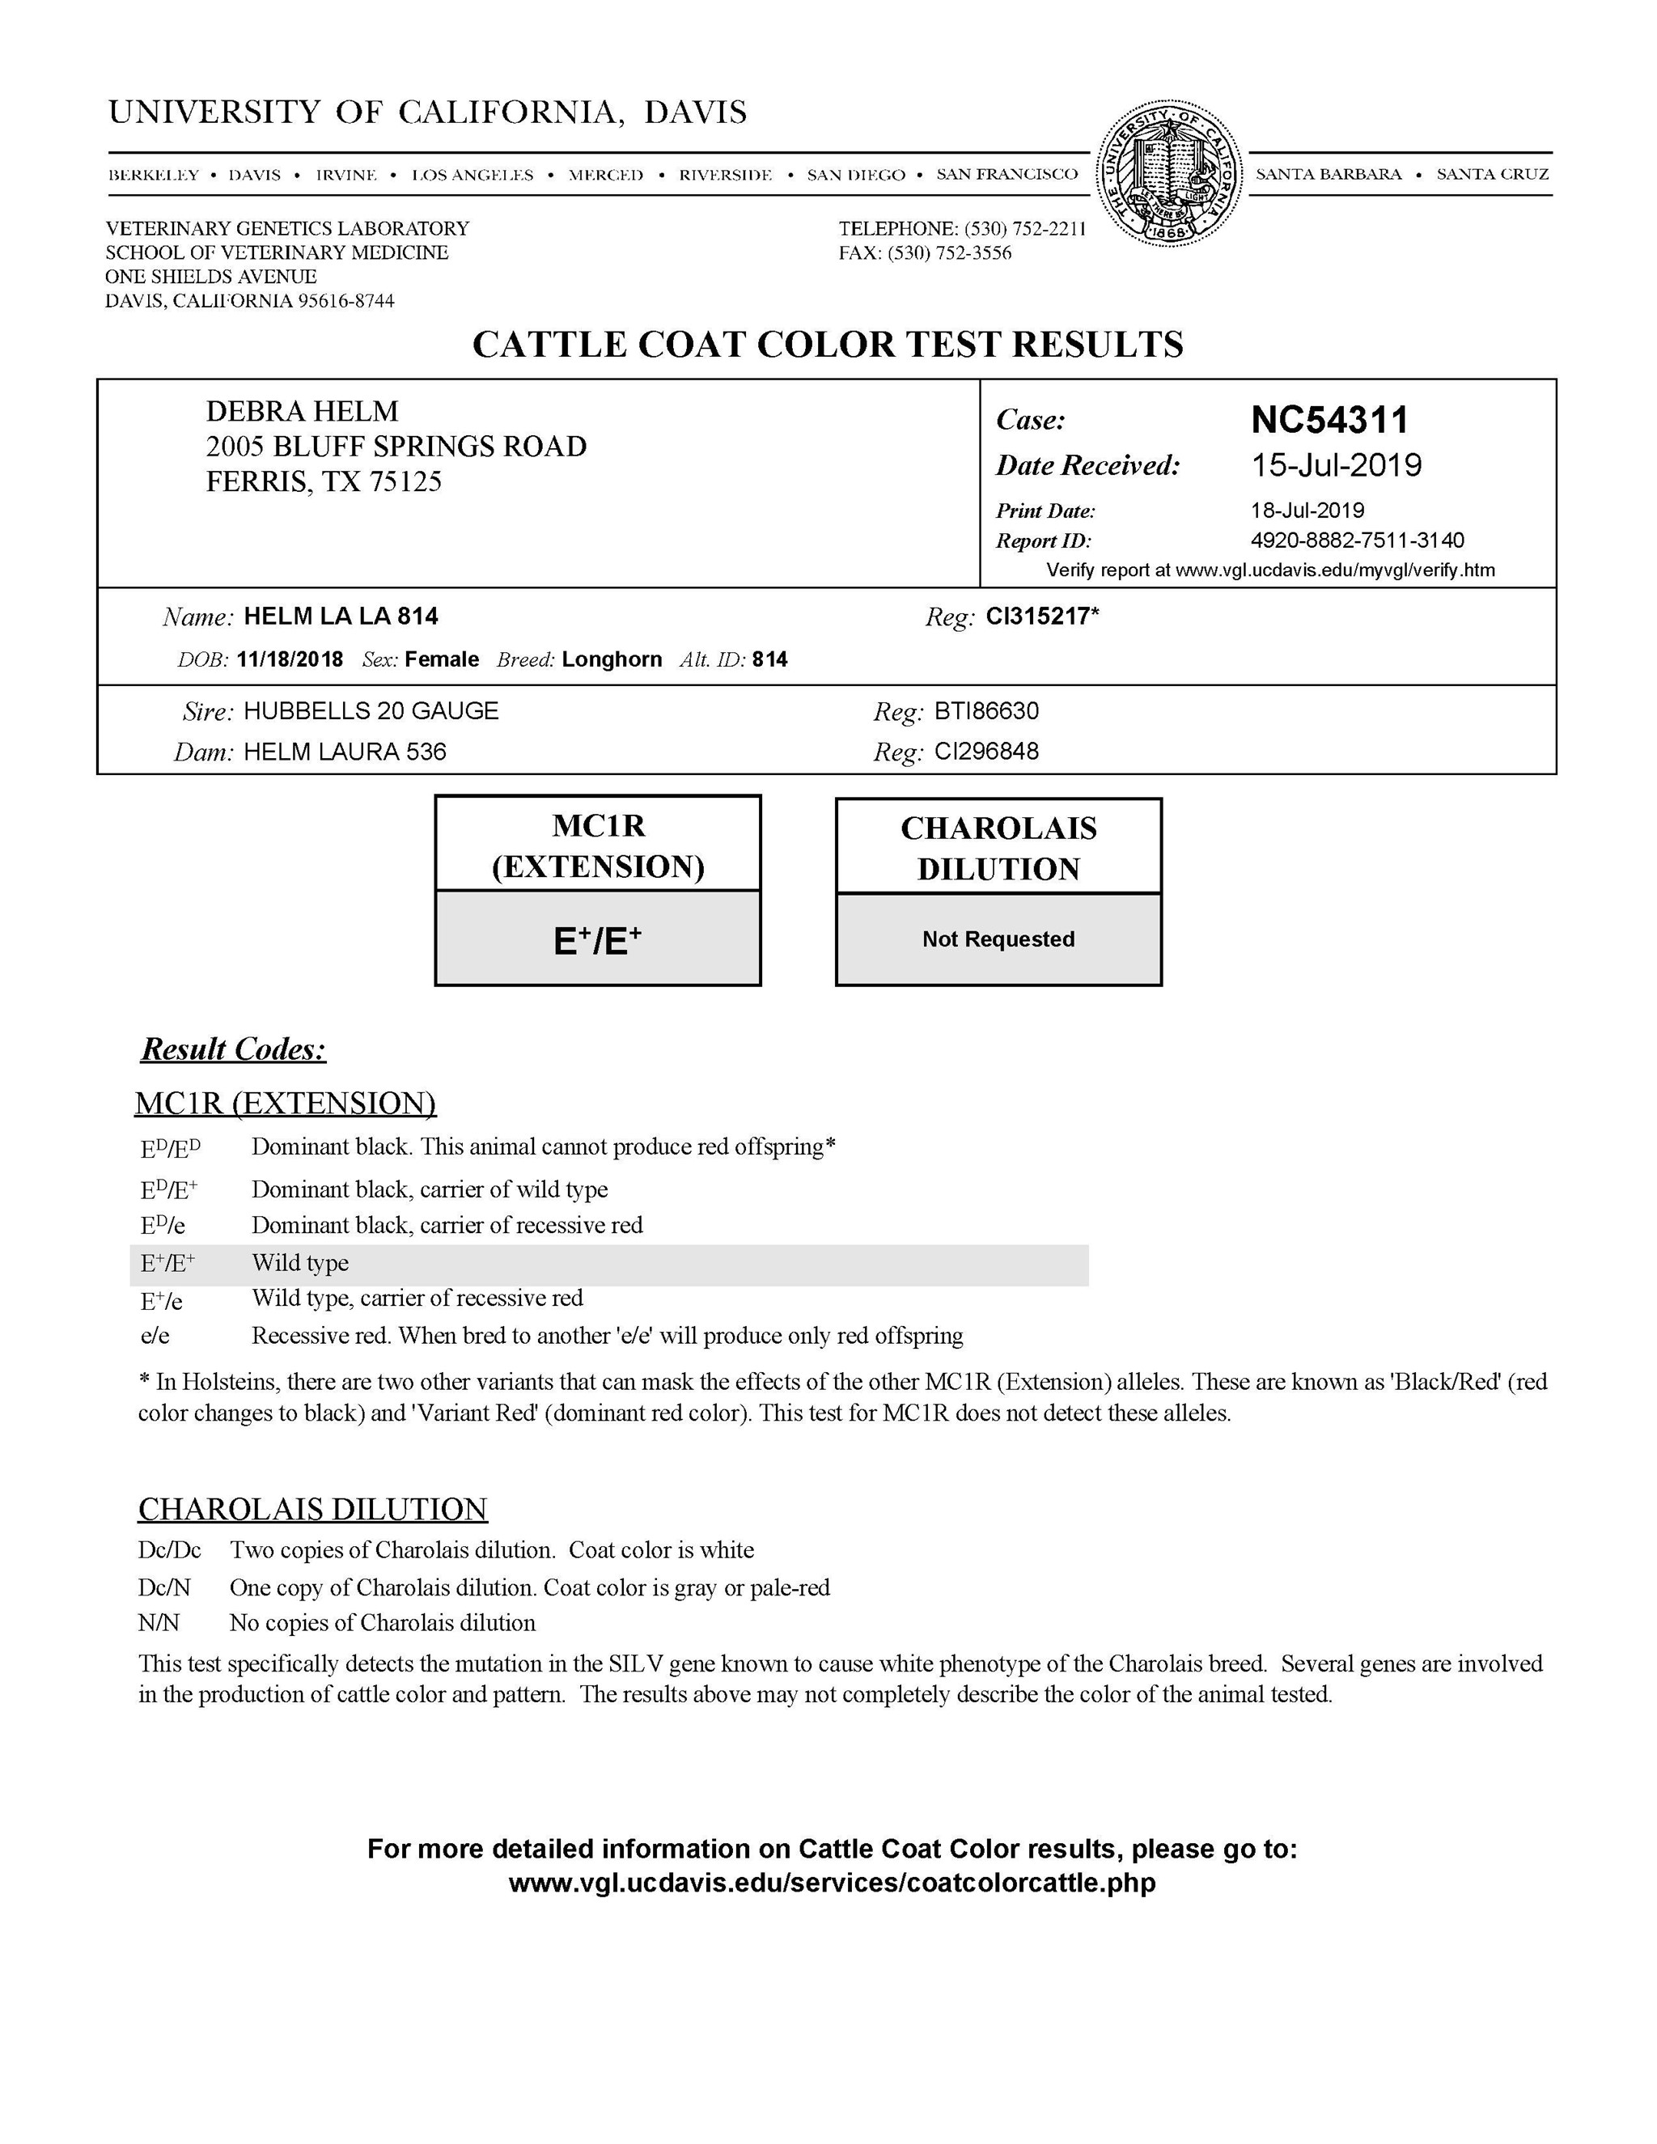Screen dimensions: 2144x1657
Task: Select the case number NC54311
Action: coord(1329,420)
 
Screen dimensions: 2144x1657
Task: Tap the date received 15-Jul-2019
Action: coord(1336,465)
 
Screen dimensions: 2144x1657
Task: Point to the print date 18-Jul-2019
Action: coord(1307,511)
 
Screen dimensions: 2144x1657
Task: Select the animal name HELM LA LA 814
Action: coord(341,617)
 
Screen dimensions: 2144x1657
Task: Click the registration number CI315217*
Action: coord(1042,617)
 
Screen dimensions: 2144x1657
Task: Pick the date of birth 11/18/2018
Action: coord(290,659)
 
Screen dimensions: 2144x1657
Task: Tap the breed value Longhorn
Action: coord(612,659)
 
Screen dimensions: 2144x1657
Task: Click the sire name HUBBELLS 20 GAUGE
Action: coord(371,710)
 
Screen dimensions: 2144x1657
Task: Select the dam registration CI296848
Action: coord(986,752)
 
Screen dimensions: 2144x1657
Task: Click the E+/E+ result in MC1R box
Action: coord(597,940)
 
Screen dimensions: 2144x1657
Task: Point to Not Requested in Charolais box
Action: coord(998,939)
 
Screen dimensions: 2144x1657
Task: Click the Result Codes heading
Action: coord(234,1049)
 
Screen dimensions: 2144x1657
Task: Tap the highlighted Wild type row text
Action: coord(300,1264)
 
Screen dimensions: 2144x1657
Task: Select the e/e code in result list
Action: coord(155,1336)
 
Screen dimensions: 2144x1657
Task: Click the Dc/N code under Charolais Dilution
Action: coord(164,1587)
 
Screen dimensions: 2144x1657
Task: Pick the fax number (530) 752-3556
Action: coord(949,253)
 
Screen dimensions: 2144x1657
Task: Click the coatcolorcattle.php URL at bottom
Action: coord(832,1882)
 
